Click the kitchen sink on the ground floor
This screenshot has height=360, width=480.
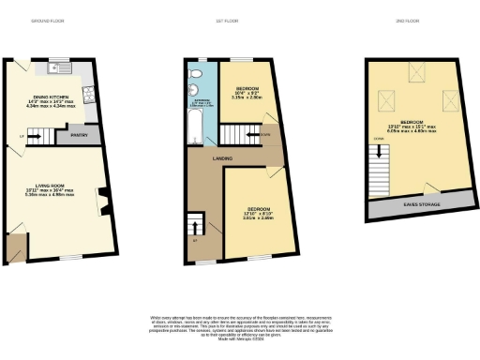[53, 67]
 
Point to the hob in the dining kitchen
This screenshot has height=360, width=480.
[88, 92]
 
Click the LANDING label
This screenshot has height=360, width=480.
[222, 158]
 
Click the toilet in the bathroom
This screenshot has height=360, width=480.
[199, 72]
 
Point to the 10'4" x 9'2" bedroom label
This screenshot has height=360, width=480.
[247, 95]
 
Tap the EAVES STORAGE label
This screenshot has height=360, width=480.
[417, 202]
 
